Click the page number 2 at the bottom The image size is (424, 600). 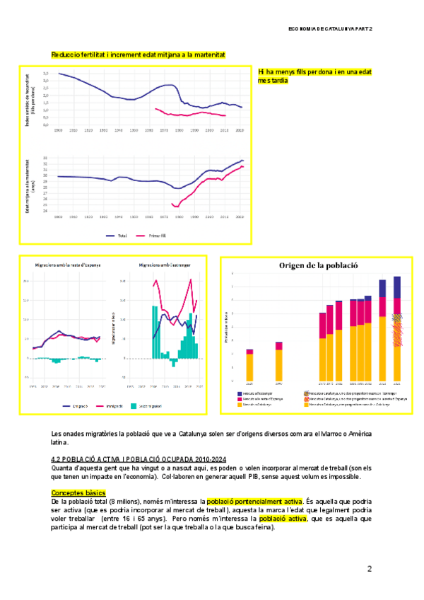[369, 569]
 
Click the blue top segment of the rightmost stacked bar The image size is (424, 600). [396, 287]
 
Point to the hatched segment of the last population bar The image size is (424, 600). [396, 330]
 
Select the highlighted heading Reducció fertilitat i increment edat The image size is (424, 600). [139, 54]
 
